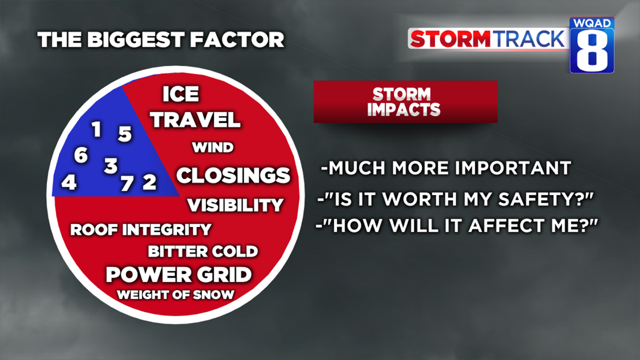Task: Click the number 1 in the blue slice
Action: click(97, 129)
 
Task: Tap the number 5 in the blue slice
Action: click(125, 134)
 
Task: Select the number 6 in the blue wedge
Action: click(81, 155)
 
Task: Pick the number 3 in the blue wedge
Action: click(111, 166)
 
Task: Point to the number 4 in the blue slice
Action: click(69, 182)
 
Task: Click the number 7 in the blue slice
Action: click(127, 183)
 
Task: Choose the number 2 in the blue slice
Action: click(149, 182)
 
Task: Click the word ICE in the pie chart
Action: click(181, 94)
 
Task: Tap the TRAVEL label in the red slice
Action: click(195, 120)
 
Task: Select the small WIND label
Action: click(213, 147)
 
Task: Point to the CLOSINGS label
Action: click(233, 176)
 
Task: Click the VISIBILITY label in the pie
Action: click(235, 206)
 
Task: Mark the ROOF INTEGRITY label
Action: click(141, 230)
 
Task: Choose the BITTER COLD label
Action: click(203, 252)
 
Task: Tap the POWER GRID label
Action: click(179, 275)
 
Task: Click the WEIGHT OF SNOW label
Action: click(176, 295)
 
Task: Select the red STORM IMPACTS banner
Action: click(405, 102)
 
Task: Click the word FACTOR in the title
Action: click(237, 40)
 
